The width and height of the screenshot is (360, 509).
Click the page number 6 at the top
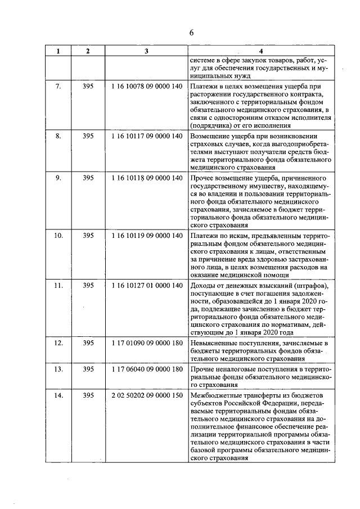[x=191, y=32]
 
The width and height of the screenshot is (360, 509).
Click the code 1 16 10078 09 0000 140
[x=147, y=87]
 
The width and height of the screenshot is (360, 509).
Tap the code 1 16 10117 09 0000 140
[x=147, y=136]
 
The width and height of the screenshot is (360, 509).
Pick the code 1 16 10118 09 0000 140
[x=147, y=178]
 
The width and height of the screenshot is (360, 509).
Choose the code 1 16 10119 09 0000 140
[x=147, y=236]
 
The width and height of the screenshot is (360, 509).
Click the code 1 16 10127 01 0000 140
[x=147, y=286]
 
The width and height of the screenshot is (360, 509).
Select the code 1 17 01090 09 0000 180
[x=147, y=343]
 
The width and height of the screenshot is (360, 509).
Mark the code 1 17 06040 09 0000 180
[x=147, y=369]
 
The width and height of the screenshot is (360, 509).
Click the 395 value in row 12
[x=88, y=343]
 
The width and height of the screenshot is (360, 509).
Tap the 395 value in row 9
[x=88, y=178]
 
